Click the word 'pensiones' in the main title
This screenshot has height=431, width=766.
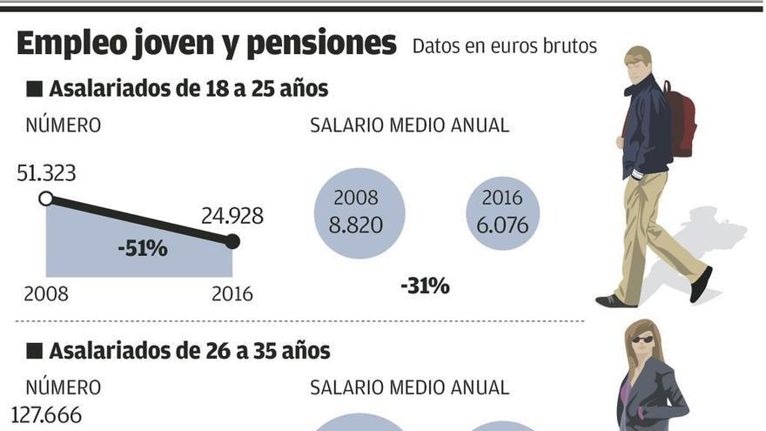321,44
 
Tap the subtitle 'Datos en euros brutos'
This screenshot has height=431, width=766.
504,46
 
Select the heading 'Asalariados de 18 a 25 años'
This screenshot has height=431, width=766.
188,89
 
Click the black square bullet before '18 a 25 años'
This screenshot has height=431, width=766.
35,89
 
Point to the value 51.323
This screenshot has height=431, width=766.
46,173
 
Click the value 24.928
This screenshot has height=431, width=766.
232,215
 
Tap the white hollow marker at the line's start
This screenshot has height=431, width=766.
46,199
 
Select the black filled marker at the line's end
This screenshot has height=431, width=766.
232,241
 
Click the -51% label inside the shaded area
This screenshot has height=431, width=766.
142,248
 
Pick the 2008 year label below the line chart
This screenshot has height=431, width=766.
46,294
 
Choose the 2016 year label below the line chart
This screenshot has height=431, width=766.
232,294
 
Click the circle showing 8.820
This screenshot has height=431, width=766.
359,213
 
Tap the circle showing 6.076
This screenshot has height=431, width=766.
503,213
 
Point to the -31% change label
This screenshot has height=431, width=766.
425,286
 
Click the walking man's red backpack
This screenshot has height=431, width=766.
682,122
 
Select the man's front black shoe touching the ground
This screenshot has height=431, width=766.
615,301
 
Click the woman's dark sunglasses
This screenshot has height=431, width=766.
642,340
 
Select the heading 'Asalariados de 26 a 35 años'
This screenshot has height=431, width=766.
189,351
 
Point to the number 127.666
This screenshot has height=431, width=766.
46,415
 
